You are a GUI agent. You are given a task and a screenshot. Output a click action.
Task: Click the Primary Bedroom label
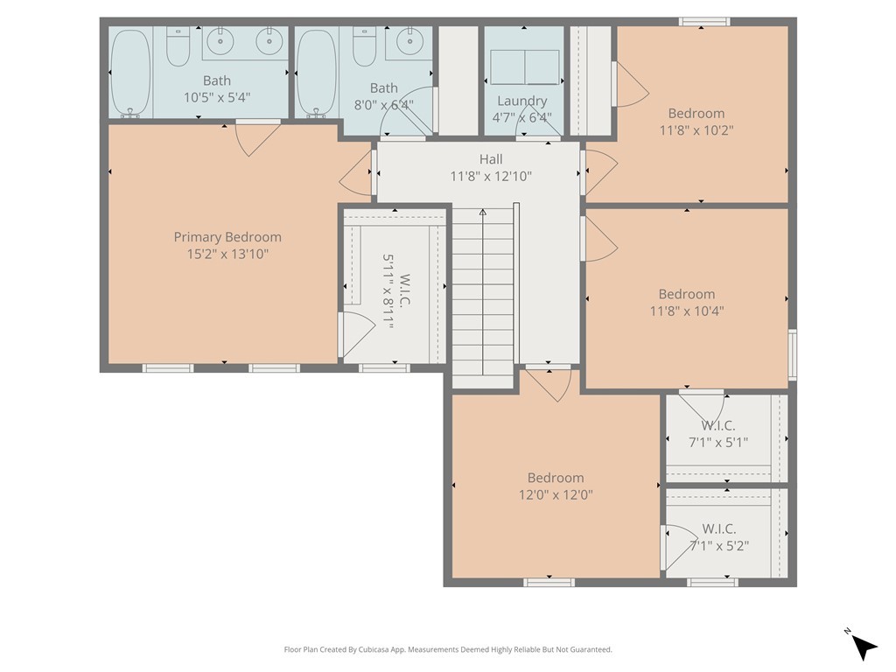(x=227, y=237)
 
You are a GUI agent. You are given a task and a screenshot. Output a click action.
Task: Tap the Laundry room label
(x=522, y=101)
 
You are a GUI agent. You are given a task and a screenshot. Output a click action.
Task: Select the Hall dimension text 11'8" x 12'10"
(x=491, y=176)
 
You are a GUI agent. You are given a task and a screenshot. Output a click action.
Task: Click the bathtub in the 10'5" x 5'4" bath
(x=131, y=73)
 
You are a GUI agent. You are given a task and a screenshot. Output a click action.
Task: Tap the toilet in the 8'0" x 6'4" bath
(x=364, y=46)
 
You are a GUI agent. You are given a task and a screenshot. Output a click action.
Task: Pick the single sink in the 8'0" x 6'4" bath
(x=409, y=41)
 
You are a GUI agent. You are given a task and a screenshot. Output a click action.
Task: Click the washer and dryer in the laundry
(x=525, y=67)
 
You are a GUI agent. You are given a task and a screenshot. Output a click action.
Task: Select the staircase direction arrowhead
(x=483, y=213)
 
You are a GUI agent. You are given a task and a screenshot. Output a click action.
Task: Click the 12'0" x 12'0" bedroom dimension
(x=556, y=494)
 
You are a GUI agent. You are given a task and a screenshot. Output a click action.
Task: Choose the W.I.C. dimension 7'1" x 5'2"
(x=719, y=546)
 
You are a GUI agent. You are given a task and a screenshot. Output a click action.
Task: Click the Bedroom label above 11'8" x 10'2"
(x=696, y=113)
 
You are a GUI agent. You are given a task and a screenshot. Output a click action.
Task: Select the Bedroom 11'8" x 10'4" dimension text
(x=687, y=311)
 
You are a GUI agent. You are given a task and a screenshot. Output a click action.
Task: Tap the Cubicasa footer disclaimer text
(x=448, y=649)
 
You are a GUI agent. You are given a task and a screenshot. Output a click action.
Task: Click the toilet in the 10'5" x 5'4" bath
(x=178, y=46)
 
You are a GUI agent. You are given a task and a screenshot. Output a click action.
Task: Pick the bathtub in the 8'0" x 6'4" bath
(x=317, y=73)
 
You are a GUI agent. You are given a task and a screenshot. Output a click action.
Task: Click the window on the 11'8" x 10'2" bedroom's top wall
(x=704, y=22)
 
